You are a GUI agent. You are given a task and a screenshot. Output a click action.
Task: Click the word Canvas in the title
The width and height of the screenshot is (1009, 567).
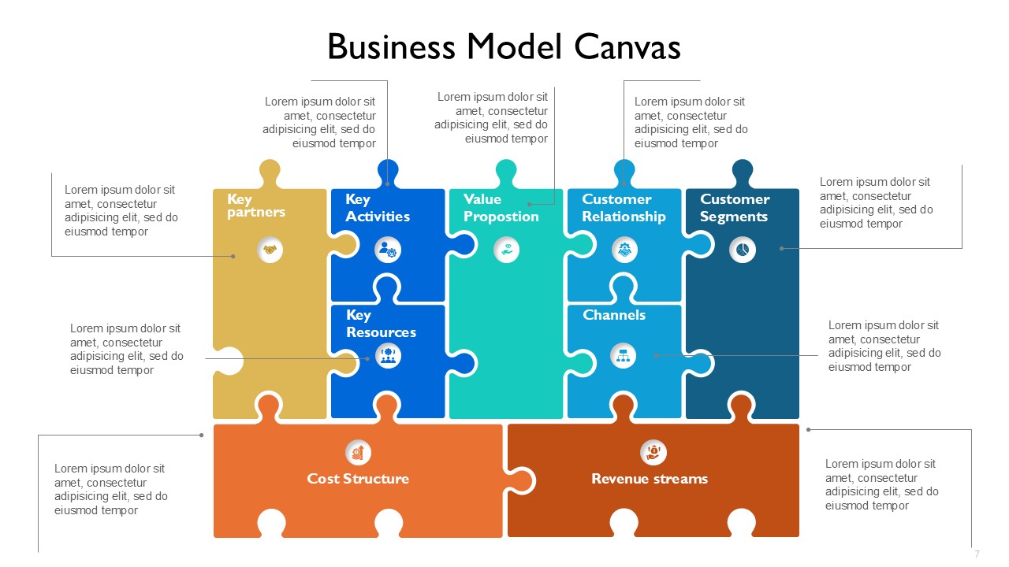pos(627,46)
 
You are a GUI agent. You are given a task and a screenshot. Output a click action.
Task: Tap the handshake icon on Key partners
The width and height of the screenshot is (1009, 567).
pos(270,250)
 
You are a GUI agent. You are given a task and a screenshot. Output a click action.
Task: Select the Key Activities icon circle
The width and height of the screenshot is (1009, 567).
pos(387,250)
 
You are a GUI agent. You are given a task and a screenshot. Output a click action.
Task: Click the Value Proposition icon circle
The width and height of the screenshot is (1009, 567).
pos(506,250)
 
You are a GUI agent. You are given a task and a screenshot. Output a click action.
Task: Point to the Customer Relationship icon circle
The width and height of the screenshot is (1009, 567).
pos(624,250)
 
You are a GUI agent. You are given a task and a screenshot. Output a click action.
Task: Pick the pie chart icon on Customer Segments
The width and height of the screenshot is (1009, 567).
pos(743,250)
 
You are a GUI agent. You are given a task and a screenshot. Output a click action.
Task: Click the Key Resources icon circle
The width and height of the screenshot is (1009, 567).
pos(388,355)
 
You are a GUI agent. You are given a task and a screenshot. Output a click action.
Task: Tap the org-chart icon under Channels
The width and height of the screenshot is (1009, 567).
pos(623,355)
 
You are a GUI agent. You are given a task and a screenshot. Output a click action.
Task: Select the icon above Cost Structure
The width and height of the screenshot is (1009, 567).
pos(358,452)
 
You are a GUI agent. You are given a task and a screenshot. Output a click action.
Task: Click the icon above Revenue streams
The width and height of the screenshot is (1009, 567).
pos(653,452)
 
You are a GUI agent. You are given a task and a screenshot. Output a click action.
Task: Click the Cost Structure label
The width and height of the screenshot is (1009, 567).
pos(358,478)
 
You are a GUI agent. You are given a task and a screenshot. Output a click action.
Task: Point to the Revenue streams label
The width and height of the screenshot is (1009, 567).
pos(650,478)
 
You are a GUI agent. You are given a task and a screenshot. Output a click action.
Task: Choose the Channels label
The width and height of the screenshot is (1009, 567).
pos(614,314)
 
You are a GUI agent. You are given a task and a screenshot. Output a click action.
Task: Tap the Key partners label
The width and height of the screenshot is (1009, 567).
pos(256,206)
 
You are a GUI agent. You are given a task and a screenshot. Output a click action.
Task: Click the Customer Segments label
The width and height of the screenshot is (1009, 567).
pos(735,208)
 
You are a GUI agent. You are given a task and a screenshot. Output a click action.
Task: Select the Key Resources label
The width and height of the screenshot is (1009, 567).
pos(381,324)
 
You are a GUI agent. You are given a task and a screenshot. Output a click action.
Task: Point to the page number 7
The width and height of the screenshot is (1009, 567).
pos(977,554)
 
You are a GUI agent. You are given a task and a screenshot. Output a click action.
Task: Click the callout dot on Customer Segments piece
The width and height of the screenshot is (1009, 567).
pos(781,248)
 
